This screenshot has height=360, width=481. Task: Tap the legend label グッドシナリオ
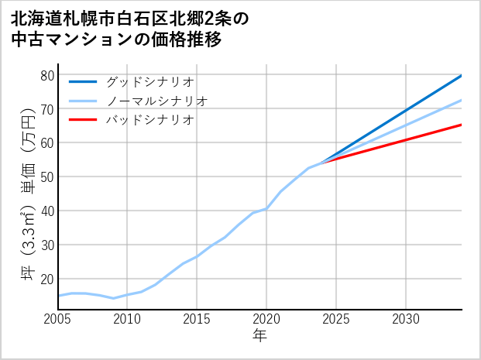(149, 81)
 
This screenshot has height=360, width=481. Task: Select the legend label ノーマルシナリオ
(156, 101)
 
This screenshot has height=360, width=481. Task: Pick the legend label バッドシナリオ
(149, 120)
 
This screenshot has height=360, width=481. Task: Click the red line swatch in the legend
(84, 120)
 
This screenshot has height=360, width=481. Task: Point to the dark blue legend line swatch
(84, 81)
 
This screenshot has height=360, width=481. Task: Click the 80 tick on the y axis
(47, 75)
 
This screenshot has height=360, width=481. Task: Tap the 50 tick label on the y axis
(47, 177)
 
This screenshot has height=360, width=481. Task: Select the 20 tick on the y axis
(47, 279)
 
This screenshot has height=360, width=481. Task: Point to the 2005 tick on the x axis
(58, 319)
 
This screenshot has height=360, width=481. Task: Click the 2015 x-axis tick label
(197, 319)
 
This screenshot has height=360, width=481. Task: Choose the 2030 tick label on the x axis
(406, 319)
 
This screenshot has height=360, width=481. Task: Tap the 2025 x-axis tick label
(336, 319)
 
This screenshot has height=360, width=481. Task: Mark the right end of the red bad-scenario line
(462, 125)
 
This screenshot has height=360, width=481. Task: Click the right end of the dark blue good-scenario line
(462, 75)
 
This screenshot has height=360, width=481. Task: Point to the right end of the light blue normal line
(462, 100)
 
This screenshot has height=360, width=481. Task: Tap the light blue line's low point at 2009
(114, 298)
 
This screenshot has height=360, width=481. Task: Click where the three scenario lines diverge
(322, 163)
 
